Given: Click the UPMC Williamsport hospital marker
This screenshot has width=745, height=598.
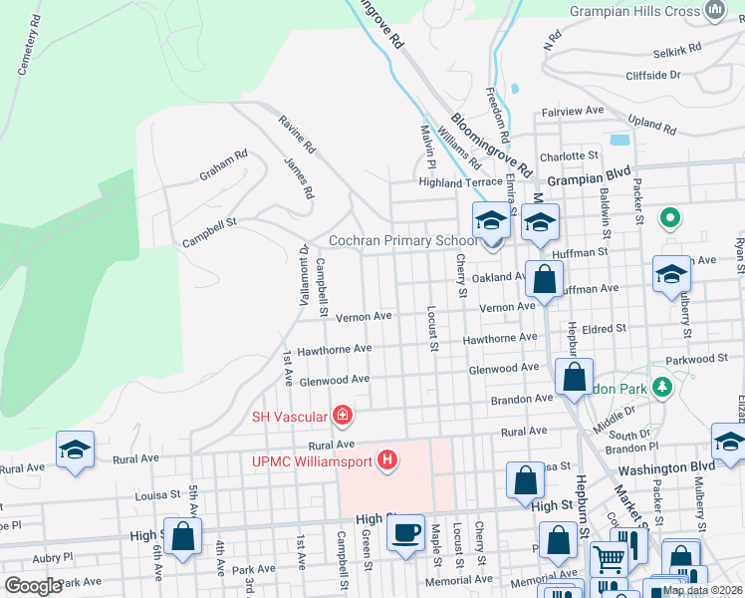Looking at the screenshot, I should pos(387,461).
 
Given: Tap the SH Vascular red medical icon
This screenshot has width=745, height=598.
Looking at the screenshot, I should pos(342,414).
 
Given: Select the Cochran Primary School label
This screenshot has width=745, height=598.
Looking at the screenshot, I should pos(403,241).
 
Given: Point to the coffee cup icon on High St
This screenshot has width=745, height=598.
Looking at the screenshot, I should pos(405,532).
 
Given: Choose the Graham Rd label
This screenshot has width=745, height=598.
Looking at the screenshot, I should pos(222,165).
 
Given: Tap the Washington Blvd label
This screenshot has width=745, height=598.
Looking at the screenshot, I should pos(666,466).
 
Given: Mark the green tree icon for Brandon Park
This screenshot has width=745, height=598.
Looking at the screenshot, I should pos(660,387).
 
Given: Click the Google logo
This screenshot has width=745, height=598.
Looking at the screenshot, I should pos(33,586).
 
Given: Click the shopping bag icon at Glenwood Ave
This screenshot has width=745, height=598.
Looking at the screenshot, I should pos(574,378).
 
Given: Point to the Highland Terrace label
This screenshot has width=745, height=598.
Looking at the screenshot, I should pos(460,182).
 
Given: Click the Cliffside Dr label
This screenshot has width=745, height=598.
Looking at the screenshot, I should pos(652,75).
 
